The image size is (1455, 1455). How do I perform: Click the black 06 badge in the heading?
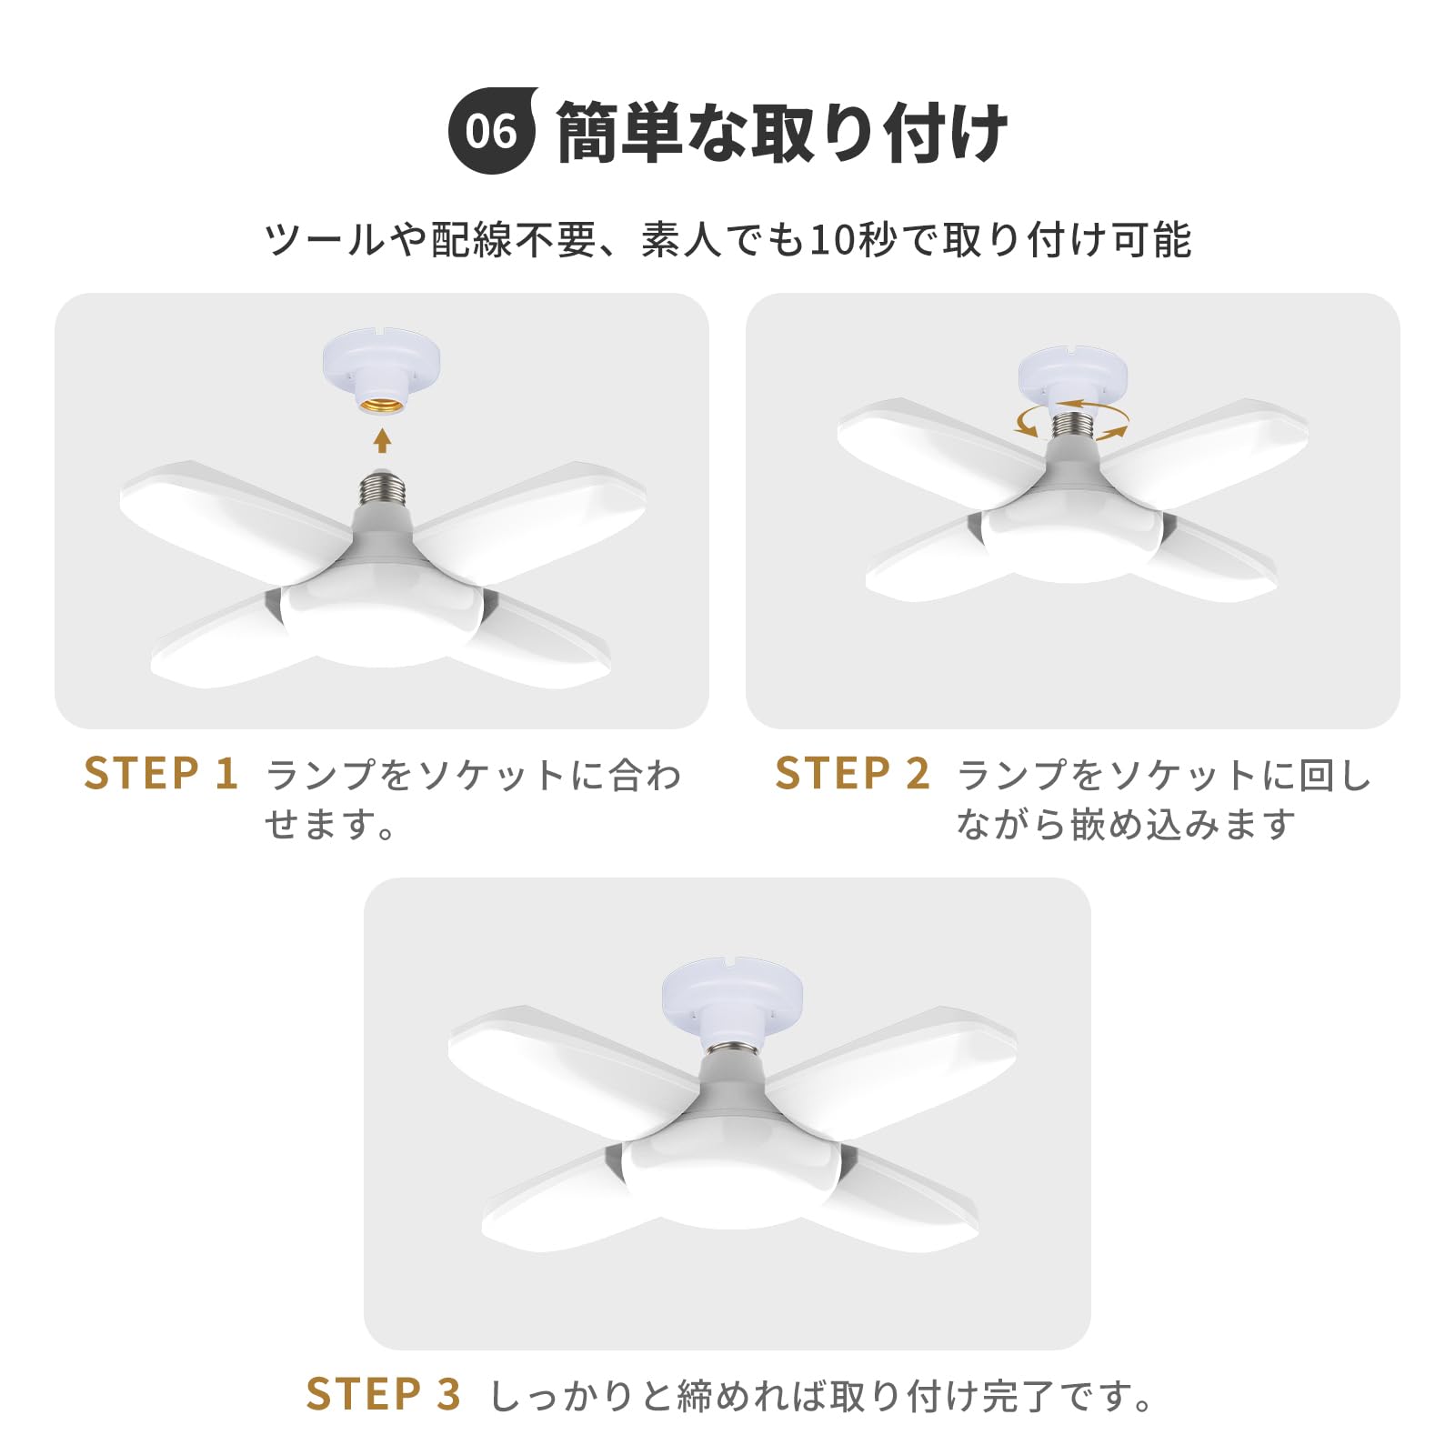[493, 130]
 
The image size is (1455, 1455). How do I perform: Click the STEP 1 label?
[161, 774]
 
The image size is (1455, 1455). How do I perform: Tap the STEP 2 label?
[852, 774]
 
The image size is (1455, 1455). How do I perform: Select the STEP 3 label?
[384, 1394]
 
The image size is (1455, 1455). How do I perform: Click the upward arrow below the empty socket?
[383, 440]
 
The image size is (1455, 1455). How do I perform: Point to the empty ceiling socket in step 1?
[382, 373]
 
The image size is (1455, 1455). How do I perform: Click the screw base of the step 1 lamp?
[382, 489]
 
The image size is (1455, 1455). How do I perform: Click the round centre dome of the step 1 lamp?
[382, 618]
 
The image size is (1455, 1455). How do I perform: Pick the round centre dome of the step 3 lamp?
[732, 1179]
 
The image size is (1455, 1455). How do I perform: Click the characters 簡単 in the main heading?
[619, 132]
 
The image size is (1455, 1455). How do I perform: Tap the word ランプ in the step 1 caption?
[321, 775]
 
